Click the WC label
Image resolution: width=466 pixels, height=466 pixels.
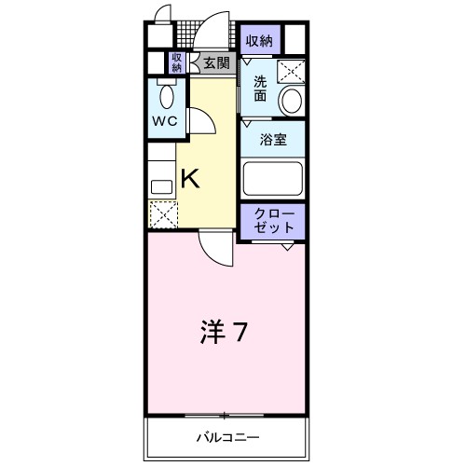[166, 121]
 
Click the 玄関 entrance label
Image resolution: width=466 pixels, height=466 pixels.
[216, 63]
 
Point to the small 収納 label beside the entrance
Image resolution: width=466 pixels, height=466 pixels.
[176, 62]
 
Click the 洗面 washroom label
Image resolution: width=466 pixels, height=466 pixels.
[260, 88]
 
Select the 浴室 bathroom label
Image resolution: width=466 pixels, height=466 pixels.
[272, 140]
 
